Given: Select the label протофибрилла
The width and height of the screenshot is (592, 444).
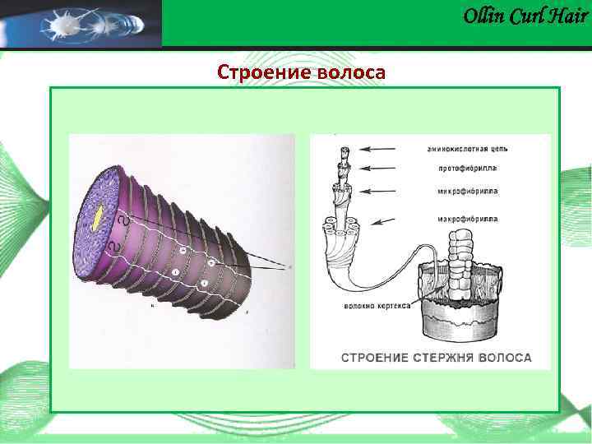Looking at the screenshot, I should (x=456, y=169).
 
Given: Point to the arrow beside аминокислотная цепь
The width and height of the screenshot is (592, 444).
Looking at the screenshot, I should (x=382, y=149).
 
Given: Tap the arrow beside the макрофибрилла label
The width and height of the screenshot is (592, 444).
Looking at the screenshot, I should (x=383, y=220).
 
